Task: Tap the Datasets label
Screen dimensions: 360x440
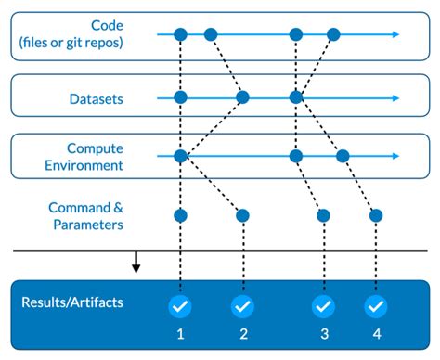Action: coord(96,97)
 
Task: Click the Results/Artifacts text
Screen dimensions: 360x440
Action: coord(73,302)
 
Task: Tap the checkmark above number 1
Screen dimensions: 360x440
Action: coord(180,305)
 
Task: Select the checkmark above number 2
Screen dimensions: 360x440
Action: coord(242,305)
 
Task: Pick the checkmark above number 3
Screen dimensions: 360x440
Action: coord(323,305)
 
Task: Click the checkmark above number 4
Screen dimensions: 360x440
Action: coord(376,305)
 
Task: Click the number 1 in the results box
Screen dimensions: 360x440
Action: coord(180,335)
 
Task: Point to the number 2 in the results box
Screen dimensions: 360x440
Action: coord(242,335)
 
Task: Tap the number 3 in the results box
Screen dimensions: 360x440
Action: coord(323,335)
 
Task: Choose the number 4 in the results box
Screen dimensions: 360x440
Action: coord(376,335)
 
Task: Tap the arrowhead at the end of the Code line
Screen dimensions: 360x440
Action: coord(396,34)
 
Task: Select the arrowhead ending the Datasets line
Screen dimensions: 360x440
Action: coord(396,96)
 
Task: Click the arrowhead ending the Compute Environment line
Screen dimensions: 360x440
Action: coord(396,156)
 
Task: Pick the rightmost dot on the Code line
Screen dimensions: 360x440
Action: coord(333,34)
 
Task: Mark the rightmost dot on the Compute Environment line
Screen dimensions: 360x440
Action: coord(343,156)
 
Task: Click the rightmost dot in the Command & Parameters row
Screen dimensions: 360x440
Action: coord(376,215)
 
